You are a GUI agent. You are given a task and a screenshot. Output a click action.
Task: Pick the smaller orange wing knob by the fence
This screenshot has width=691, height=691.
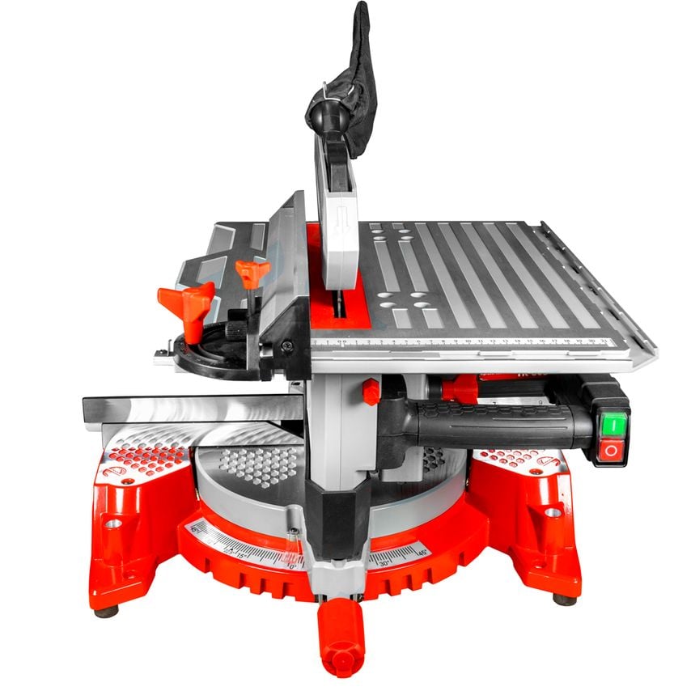tap(252, 272)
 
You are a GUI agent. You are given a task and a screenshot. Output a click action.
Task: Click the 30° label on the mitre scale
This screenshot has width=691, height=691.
tap(385, 561)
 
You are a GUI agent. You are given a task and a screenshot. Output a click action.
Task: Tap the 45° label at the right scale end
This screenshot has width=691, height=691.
tap(422, 552)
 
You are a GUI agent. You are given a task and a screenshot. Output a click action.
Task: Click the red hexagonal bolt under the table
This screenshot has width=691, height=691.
tap(371, 392)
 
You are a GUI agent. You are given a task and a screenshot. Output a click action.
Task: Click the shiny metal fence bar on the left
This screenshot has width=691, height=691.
tap(186, 409)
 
